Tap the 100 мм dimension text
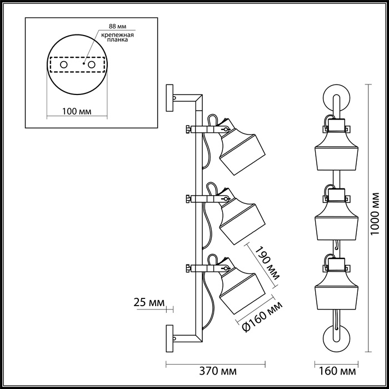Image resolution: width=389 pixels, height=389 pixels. click(77, 111)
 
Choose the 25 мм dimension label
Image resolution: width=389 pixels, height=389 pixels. click(149, 302)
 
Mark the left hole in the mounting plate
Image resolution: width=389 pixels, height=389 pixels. click(64, 65)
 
